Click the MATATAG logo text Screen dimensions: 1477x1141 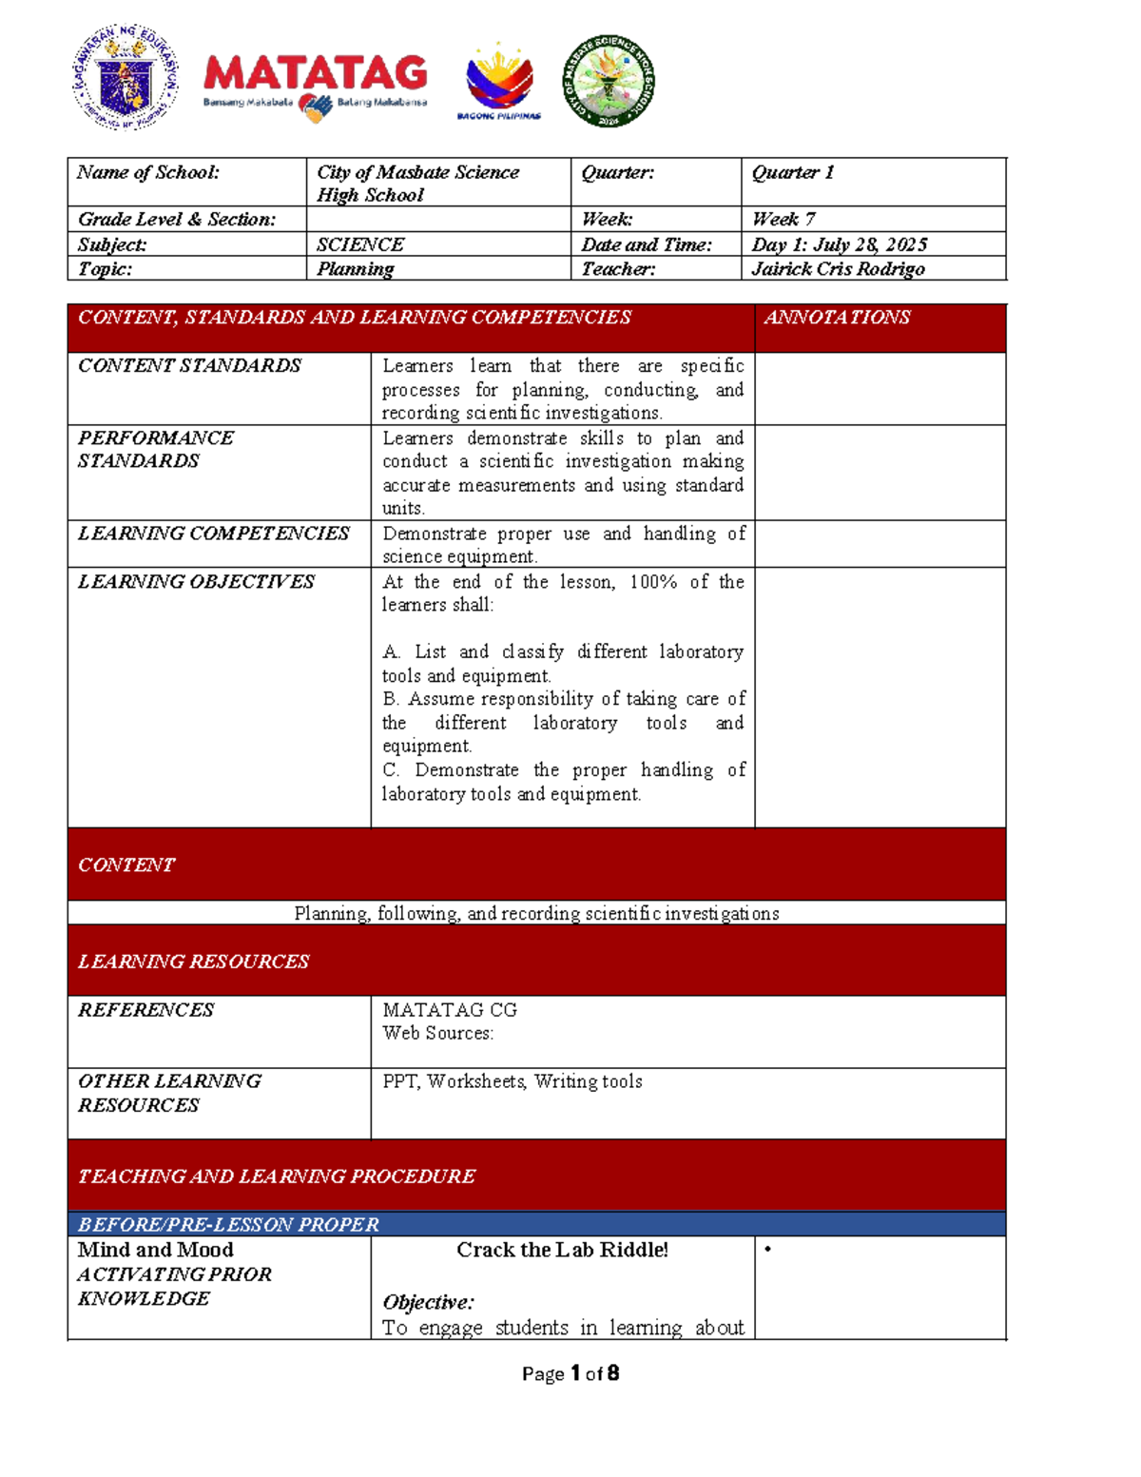(315, 73)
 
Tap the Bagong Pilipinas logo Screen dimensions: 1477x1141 (499, 81)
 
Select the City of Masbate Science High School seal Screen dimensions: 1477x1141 (609, 80)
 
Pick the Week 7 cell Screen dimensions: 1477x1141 (783, 219)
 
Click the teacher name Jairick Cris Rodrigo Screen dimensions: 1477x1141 (838, 269)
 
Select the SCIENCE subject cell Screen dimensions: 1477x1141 (360, 244)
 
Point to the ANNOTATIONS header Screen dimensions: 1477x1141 (837, 318)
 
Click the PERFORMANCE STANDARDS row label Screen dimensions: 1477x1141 (156, 449)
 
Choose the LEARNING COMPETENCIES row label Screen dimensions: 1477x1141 (214, 534)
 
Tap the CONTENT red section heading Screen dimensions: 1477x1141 (126, 865)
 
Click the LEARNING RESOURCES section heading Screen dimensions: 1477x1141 (194, 962)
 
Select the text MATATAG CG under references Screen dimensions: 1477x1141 (450, 1010)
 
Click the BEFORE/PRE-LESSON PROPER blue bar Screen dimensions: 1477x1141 (228, 1224)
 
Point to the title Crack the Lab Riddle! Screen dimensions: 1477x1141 (562, 1250)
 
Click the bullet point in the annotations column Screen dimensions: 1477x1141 (768, 1250)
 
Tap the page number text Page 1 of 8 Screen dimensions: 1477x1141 (570, 1373)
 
